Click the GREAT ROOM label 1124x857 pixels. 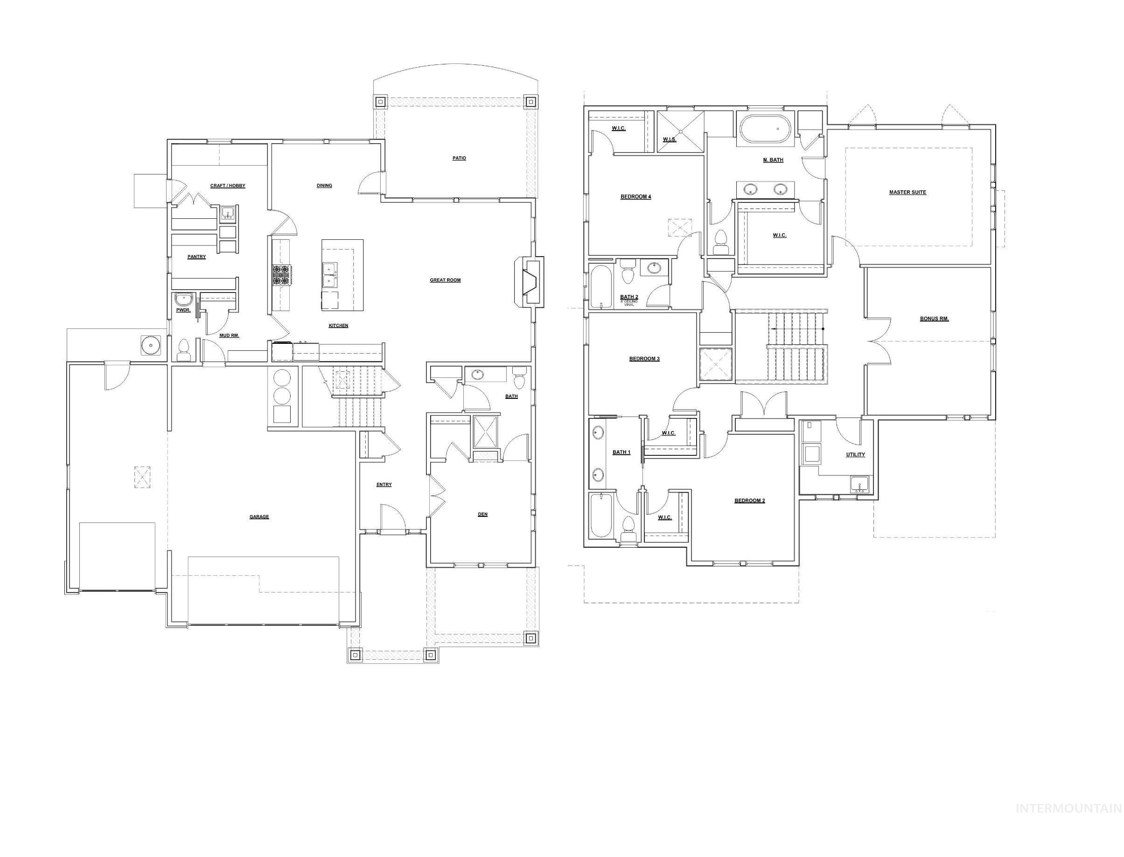point(445,280)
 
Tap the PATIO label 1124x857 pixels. point(459,158)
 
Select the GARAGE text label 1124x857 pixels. point(258,517)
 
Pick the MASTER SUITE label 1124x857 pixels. point(907,192)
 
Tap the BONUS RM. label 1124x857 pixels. point(934,319)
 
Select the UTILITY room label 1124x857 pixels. point(855,454)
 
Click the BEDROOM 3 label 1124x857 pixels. point(644,359)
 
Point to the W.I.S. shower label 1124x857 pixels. point(669,139)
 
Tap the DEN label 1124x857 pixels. point(482,514)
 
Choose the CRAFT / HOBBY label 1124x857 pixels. point(228,186)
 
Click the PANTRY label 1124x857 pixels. point(196,257)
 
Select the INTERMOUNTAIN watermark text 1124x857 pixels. point(1068,822)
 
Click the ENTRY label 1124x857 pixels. point(384,485)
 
